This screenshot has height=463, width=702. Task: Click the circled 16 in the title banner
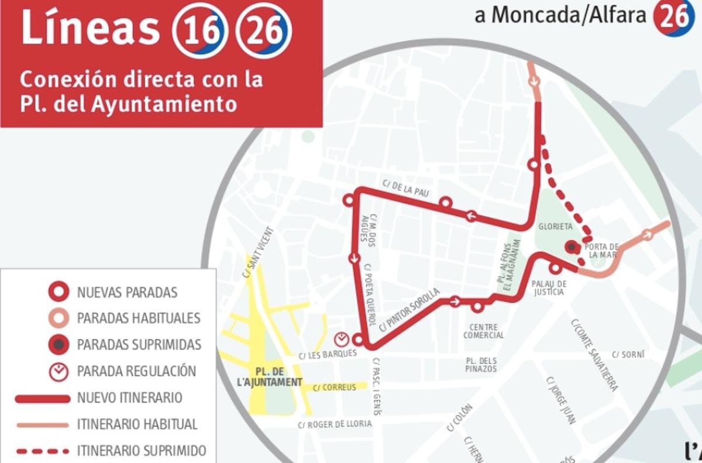[199, 30]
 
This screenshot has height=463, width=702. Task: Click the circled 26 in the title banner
[263, 30]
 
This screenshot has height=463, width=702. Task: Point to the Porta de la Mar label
[603, 250]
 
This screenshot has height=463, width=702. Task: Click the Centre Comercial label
[483, 331]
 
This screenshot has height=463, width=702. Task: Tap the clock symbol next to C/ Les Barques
[341, 339]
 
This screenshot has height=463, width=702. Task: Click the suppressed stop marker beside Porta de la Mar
[572, 247]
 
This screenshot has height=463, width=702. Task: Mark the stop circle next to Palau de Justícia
[555, 268]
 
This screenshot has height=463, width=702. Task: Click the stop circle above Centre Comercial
[477, 306]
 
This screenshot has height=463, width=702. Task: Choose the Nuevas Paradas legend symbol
[58, 291]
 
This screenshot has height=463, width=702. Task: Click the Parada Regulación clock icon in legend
[58, 372]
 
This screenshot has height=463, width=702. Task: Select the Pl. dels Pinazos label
[481, 365]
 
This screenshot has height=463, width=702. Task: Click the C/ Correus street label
[334, 387]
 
